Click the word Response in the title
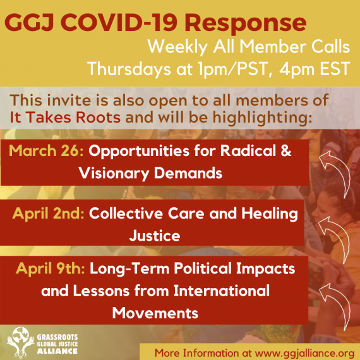pos(245,23)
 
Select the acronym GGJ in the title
pos(29,22)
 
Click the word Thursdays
pos(129,69)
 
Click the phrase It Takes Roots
pos(65,117)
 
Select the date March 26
pos(46,151)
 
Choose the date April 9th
pos(51,269)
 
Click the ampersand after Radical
pos(285,151)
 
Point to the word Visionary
pos(114,173)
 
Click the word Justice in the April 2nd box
pos(155,236)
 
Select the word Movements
pos(155,313)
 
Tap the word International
pos(222,291)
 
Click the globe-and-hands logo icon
pos(21,342)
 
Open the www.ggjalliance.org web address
pos(304,353)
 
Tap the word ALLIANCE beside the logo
pos(57,351)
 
